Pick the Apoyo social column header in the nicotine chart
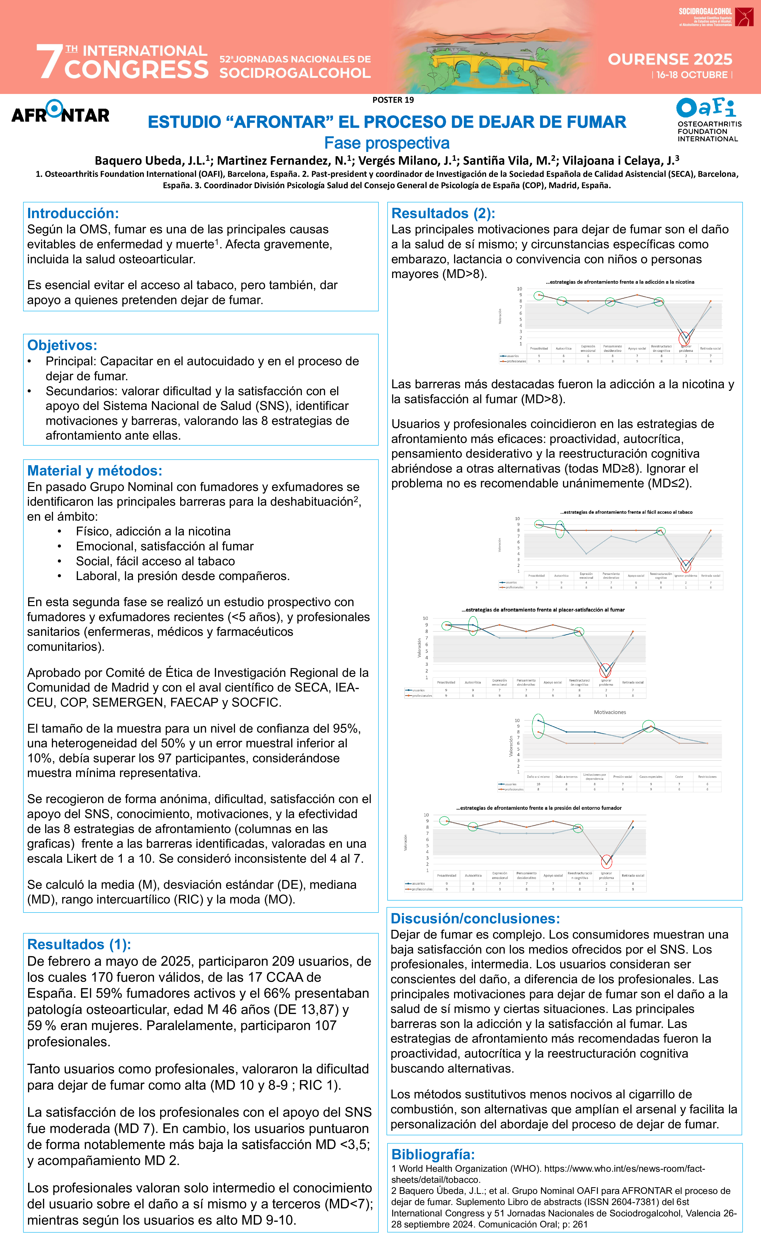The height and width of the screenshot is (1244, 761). (x=637, y=348)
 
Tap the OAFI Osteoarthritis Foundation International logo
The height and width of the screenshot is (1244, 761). (x=708, y=120)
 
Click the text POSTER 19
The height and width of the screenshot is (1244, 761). (x=393, y=100)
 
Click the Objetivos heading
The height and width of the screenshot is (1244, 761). (x=62, y=345)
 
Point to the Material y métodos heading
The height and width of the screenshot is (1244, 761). (x=94, y=471)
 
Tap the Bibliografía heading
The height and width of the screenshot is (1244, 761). (x=433, y=1154)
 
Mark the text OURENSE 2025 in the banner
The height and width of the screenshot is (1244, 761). (x=670, y=60)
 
